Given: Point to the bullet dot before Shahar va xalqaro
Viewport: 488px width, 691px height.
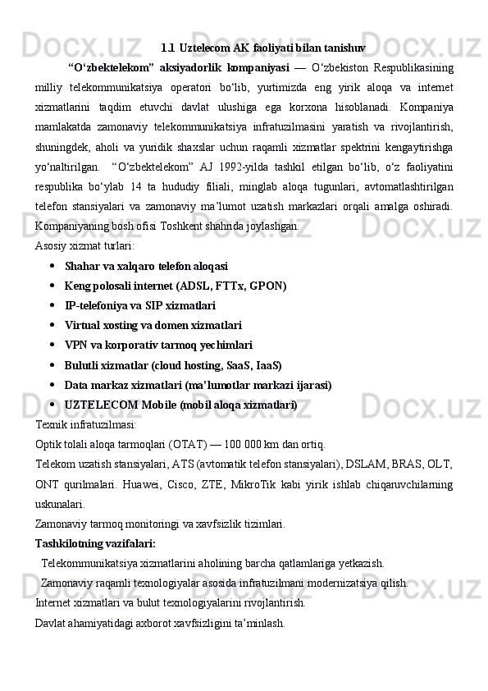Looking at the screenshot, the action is [52, 267].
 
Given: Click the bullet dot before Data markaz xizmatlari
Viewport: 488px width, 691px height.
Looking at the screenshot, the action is [52, 385].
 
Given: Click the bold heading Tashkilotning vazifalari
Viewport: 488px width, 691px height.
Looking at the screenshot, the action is [95, 543].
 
